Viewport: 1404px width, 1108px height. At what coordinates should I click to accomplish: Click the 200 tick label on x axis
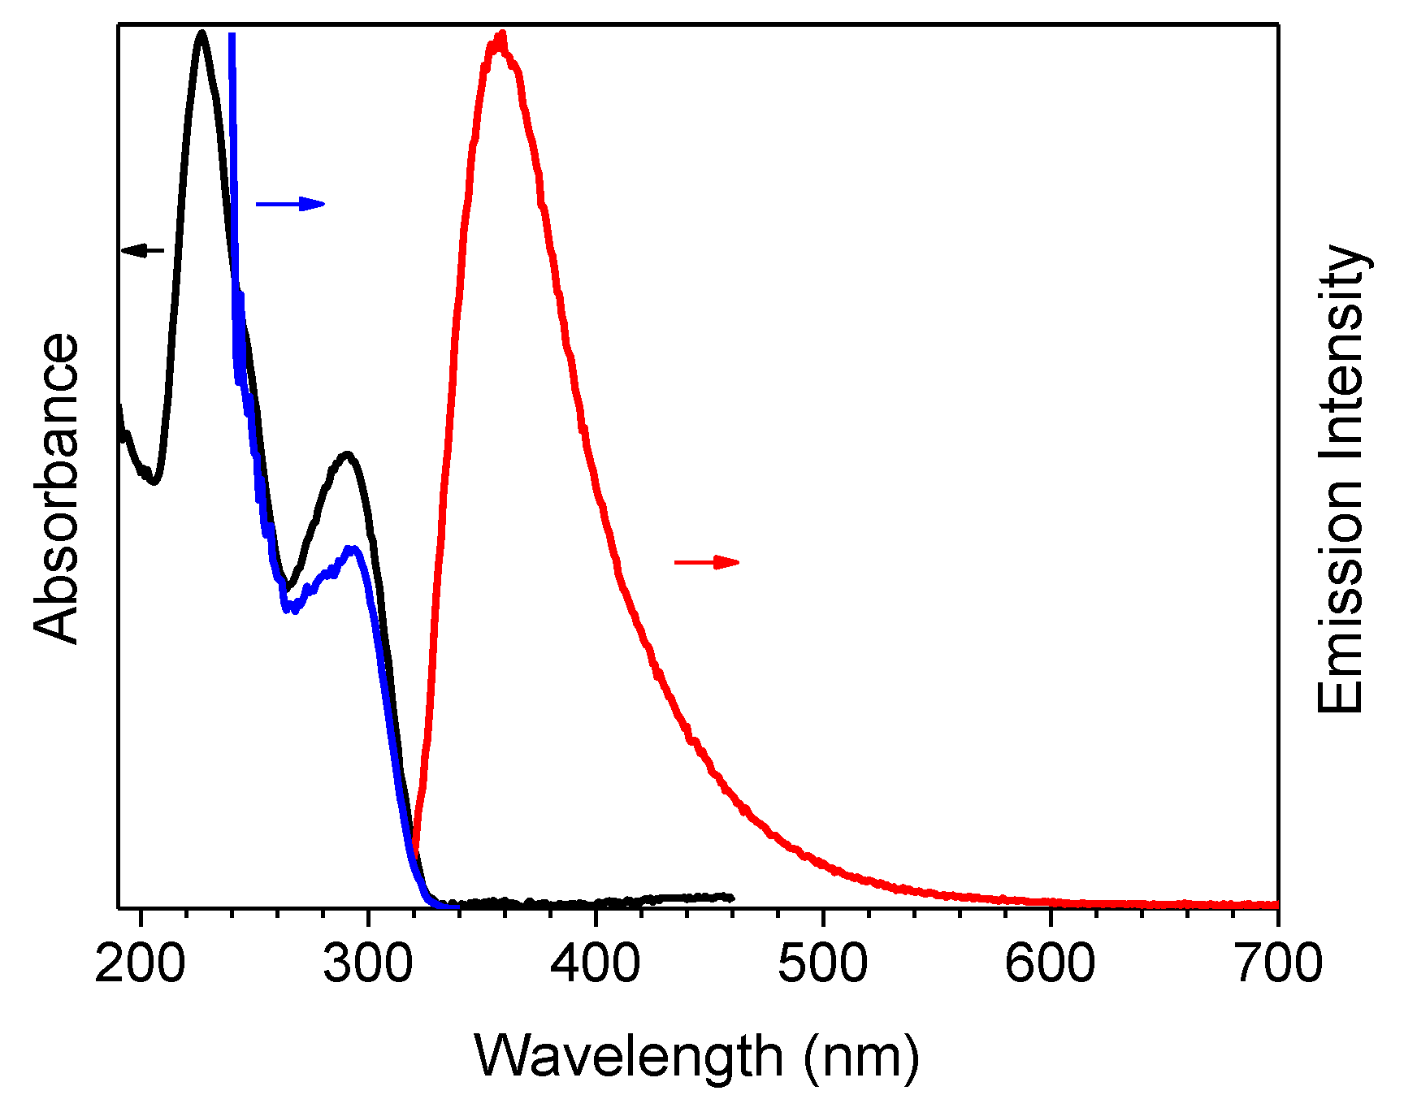click(140, 964)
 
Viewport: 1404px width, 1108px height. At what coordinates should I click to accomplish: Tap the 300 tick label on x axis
click(367, 964)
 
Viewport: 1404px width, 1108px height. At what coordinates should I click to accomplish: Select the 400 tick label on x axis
click(595, 964)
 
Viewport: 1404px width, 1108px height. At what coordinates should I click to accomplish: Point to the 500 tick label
click(822, 964)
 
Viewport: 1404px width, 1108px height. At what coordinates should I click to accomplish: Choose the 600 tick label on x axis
click(1050, 964)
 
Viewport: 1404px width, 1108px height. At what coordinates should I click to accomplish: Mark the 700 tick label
click(1277, 964)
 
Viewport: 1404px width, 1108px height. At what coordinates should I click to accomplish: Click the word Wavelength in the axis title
click(628, 1056)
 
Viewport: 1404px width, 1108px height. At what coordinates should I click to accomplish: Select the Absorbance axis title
click(57, 489)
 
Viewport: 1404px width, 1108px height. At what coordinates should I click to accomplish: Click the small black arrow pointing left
click(142, 250)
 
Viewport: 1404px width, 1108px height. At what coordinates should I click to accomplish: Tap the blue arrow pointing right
click(290, 204)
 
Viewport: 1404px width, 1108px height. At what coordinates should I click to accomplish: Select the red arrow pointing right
click(707, 562)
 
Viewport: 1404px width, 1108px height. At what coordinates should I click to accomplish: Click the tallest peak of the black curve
click(201, 33)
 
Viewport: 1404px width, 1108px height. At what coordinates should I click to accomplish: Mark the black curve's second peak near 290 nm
click(348, 454)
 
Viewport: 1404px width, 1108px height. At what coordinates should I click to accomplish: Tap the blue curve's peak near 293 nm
click(353, 549)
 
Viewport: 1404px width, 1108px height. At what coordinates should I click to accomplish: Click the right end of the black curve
click(731, 898)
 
